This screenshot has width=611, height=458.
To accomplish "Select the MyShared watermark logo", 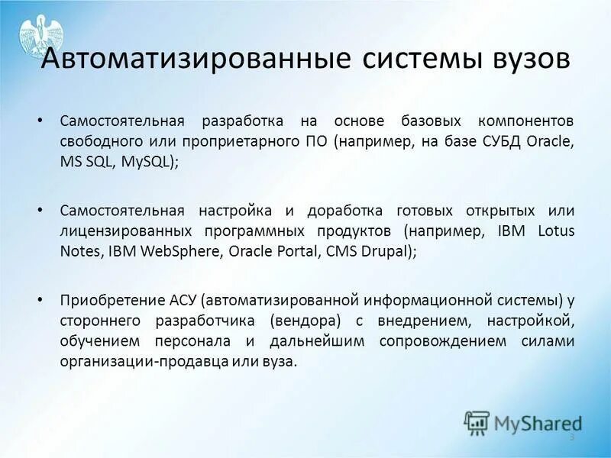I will tap(522, 423).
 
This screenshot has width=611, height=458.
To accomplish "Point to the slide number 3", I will tap(571, 436).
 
